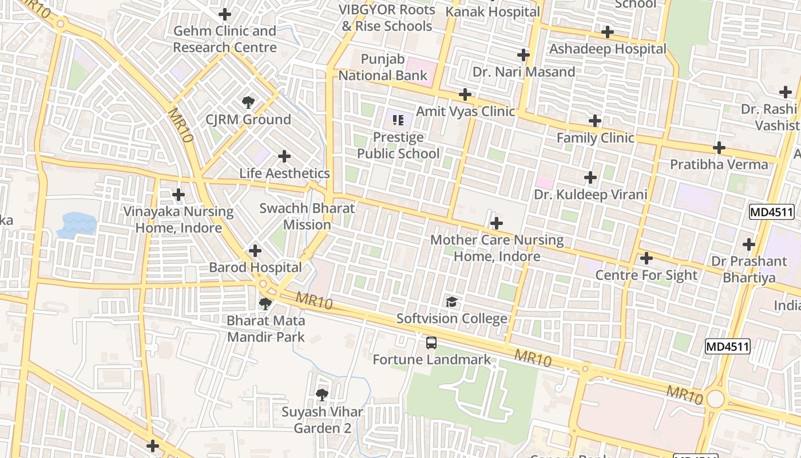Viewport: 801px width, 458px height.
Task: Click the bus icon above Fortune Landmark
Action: click(431, 343)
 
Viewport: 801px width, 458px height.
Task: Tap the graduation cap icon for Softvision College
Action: click(452, 302)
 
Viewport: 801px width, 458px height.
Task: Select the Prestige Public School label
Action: click(398, 145)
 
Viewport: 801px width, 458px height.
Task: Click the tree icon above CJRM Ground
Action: click(248, 103)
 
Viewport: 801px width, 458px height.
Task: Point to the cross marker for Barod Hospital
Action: click(255, 251)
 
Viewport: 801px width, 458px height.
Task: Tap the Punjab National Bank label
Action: click(383, 68)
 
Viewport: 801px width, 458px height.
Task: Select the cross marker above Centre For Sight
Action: click(647, 258)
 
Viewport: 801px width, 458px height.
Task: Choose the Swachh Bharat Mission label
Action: click(307, 216)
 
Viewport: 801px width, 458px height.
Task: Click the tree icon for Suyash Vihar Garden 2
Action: click(322, 394)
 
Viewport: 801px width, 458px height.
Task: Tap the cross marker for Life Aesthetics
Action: click(284, 156)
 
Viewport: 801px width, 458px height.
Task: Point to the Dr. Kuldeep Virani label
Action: click(590, 195)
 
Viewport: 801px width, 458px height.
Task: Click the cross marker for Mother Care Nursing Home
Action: click(497, 223)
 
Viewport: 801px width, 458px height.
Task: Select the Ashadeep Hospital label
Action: click(608, 49)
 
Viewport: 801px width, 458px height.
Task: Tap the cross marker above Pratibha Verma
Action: click(719, 148)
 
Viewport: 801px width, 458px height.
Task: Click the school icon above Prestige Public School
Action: click(398, 120)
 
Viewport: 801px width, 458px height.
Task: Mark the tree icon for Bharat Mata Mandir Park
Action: click(265, 303)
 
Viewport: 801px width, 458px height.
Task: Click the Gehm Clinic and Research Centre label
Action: click(225, 39)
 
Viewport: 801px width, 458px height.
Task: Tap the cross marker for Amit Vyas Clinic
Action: click(465, 94)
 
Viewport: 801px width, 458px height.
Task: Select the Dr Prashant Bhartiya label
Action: click(749, 270)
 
